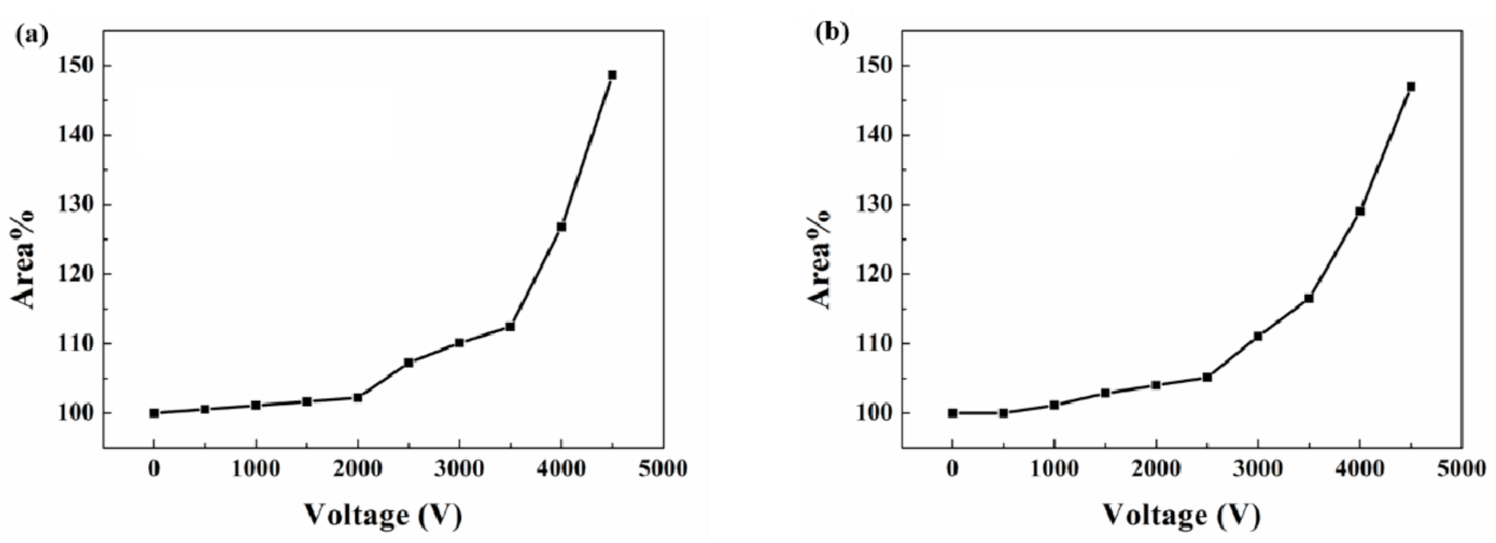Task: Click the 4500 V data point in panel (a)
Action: tap(612, 75)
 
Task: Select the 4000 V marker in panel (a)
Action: tap(561, 227)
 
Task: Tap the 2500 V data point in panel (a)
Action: tap(408, 362)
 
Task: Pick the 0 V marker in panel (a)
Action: tap(154, 413)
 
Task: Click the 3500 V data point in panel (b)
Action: tap(1308, 298)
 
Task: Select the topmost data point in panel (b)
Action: tap(1411, 87)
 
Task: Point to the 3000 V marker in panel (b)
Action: tap(1258, 336)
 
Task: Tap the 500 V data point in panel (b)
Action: tap(1003, 413)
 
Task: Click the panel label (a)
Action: tap(32, 34)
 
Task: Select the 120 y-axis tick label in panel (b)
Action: tap(874, 274)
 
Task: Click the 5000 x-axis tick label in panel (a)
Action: tap(662, 468)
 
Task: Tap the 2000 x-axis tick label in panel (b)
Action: tap(1156, 468)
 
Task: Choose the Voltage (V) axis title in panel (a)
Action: tap(382, 516)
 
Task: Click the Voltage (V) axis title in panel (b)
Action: tap(1181, 516)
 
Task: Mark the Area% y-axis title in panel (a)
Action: tap(24, 259)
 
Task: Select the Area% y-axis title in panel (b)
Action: tap(822, 259)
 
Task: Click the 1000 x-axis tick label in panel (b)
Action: tap(1054, 468)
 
